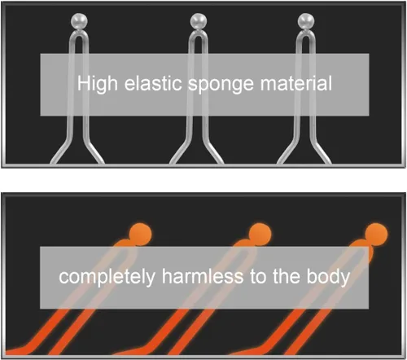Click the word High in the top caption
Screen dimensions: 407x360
[x=98, y=84]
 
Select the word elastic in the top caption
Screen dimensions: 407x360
[x=153, y=83]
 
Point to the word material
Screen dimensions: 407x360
[x=296, y=83]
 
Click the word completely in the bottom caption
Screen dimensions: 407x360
[x=107, y=277]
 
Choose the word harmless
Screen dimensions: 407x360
[x=203, y=276]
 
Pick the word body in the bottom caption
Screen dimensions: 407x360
[x=328, y=277]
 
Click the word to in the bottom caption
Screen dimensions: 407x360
[x=258, y=277]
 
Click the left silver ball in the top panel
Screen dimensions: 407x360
[x=79, y=21]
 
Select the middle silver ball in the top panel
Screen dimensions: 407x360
[x=199, y=21]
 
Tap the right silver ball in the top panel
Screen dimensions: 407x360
[x=306, y=21]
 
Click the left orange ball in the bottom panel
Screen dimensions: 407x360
[x=140, y=235]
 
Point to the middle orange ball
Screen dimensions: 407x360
[x=260, y=235]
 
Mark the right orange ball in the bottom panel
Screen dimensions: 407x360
[x=376, y=235]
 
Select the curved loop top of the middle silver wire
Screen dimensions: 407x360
[x=199, y=33]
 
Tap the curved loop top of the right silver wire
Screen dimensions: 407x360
[x=306, y=33]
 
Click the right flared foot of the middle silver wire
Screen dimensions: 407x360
[x=214, y=153]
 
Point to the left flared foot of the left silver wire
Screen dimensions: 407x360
[x=60, y=153]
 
